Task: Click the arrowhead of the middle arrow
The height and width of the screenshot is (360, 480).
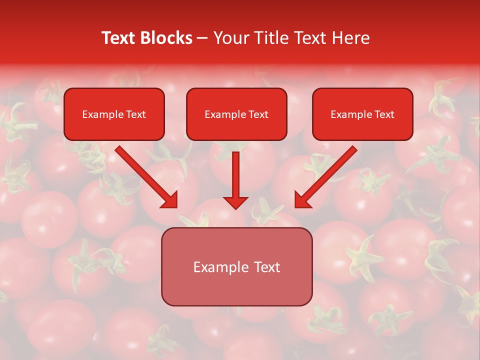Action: coord(235,202)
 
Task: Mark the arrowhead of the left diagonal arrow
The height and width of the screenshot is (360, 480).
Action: coord(170,200)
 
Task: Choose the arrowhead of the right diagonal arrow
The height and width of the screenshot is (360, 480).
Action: coord(302,200)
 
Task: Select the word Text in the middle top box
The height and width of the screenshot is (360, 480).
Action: coord(258,114)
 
